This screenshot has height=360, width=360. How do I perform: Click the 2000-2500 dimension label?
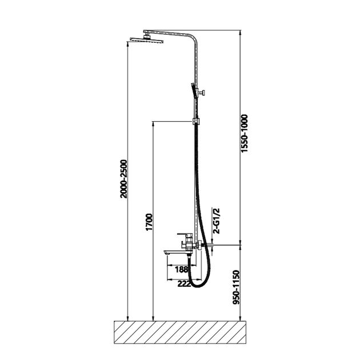coord(123,179)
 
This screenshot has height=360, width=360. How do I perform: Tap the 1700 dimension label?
coord(149,222)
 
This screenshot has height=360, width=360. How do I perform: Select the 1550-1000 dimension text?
coord(245,133)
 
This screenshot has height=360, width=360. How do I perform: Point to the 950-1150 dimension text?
coord(236,287)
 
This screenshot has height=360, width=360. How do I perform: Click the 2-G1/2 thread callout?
coord(216,221)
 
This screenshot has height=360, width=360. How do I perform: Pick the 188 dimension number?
coord(181,269)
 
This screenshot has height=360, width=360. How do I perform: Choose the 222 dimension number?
coord(184,284)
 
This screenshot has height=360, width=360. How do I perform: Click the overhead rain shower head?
coord(146,39)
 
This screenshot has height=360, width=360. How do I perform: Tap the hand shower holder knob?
coord(202,93)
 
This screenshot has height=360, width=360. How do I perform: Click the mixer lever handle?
coord(185,234)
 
